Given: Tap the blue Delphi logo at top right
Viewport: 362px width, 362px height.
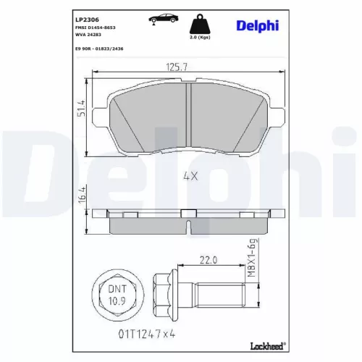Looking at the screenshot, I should coord(256,25).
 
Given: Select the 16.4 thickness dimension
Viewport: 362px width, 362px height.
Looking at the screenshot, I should coord(83,196).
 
